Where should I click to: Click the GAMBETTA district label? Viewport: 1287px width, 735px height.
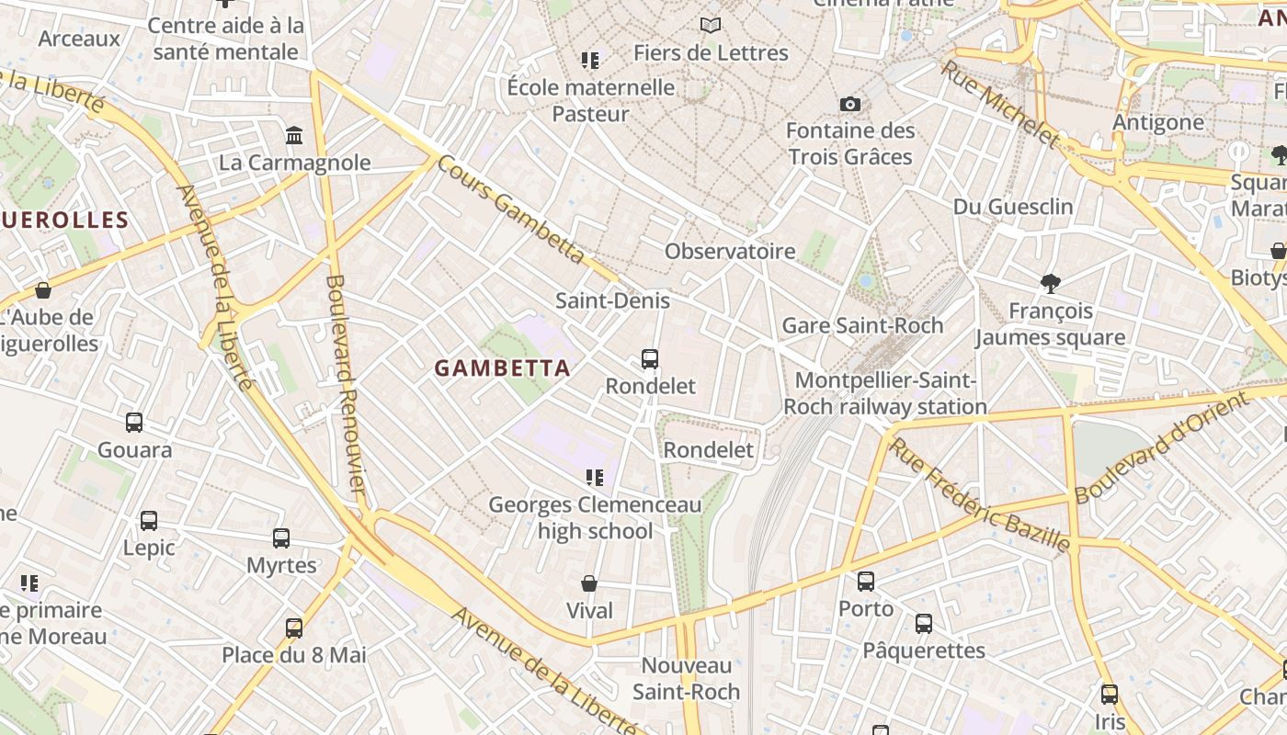click(x=502, y=368)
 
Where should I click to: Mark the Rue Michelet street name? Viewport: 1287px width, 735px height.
click(x=1000, y=104)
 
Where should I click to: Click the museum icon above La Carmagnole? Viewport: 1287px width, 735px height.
click(x=294, y=136)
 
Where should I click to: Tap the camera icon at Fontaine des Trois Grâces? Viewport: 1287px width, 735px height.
click(x=850, y=105)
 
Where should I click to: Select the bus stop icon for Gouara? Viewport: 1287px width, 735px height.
click(x=134, y=423)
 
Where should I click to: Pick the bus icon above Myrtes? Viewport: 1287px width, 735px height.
click(x=281, y=538)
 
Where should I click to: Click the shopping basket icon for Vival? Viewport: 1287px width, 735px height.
click(x=589, y=584)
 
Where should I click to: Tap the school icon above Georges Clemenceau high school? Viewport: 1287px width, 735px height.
click(x=594, y=478)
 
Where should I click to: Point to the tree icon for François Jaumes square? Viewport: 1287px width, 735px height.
click(x=1050, y=284)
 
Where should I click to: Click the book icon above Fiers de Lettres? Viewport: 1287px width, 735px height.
click(x=711, y=25)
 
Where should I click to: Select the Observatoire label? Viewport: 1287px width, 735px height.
click(x=730, y=251)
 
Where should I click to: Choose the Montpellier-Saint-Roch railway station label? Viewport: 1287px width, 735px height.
click(x=885, y=393)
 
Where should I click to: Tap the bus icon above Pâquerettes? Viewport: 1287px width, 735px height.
click(x=924, y=624)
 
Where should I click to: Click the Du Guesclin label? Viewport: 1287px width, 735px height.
click(x=1013, y=207)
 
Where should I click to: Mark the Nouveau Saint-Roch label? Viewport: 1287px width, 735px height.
click(x=687, y=678)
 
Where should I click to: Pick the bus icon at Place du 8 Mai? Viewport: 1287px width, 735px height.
click(x=294, y=628)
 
